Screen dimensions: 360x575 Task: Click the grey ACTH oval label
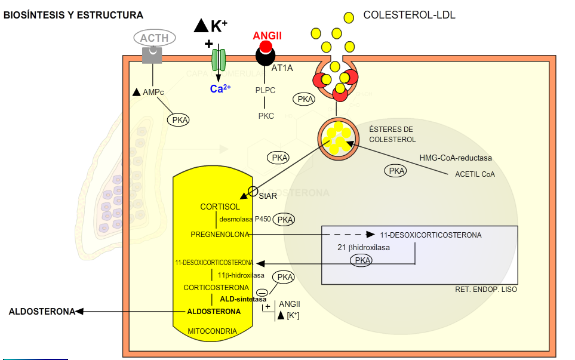[x=154, y=38]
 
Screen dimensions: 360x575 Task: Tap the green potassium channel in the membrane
[x=219, y=60]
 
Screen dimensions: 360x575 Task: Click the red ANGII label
[x=267, y=36]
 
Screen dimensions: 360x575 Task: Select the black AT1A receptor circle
[x=265, y=56]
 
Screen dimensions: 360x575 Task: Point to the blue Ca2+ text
[x=220, y=89]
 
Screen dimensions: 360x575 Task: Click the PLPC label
[x=265, y=91]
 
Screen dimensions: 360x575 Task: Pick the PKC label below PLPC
[x=266, y=116]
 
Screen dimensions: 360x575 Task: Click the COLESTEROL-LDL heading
[x=409, y=15]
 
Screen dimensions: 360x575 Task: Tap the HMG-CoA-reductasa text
[x=456, y=158]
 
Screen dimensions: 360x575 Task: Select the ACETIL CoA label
[x=475, y=174]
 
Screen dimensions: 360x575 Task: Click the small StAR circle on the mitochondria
[x=253, y=191]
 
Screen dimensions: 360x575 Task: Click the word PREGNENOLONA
[x=219, y=234]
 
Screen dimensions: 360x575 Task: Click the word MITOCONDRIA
[x=212, y=331]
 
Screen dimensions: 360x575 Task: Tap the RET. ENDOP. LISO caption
[x=485, y=290]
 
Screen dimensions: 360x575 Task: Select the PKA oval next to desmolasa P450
[x=285, y=220]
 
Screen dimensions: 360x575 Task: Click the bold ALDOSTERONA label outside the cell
[x=41, y=311]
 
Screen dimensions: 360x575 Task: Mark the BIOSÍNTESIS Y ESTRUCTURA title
[x=73, y=15]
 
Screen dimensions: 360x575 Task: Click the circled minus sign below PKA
[x=262, y=291]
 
